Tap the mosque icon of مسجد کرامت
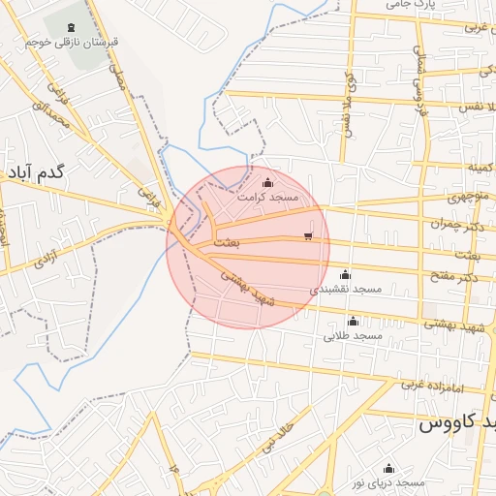[x=268, y=181]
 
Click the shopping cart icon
[x=308, y=235]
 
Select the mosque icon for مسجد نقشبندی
[x=346, y=274]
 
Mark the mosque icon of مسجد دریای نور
[x=388, y=468]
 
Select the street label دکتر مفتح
[x=457, y=279]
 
